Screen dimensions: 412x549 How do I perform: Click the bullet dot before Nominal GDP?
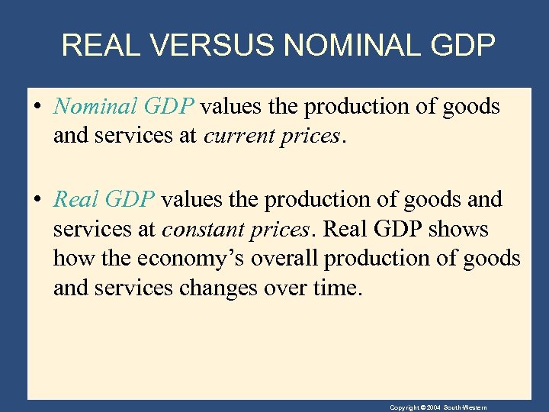click(x=37, y=107)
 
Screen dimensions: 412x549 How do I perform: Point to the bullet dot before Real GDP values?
click(x=37, y=200)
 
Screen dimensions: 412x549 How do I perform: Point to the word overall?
click(x=285, y=259)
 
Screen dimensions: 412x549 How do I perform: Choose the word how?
click(x=71, y=259)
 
